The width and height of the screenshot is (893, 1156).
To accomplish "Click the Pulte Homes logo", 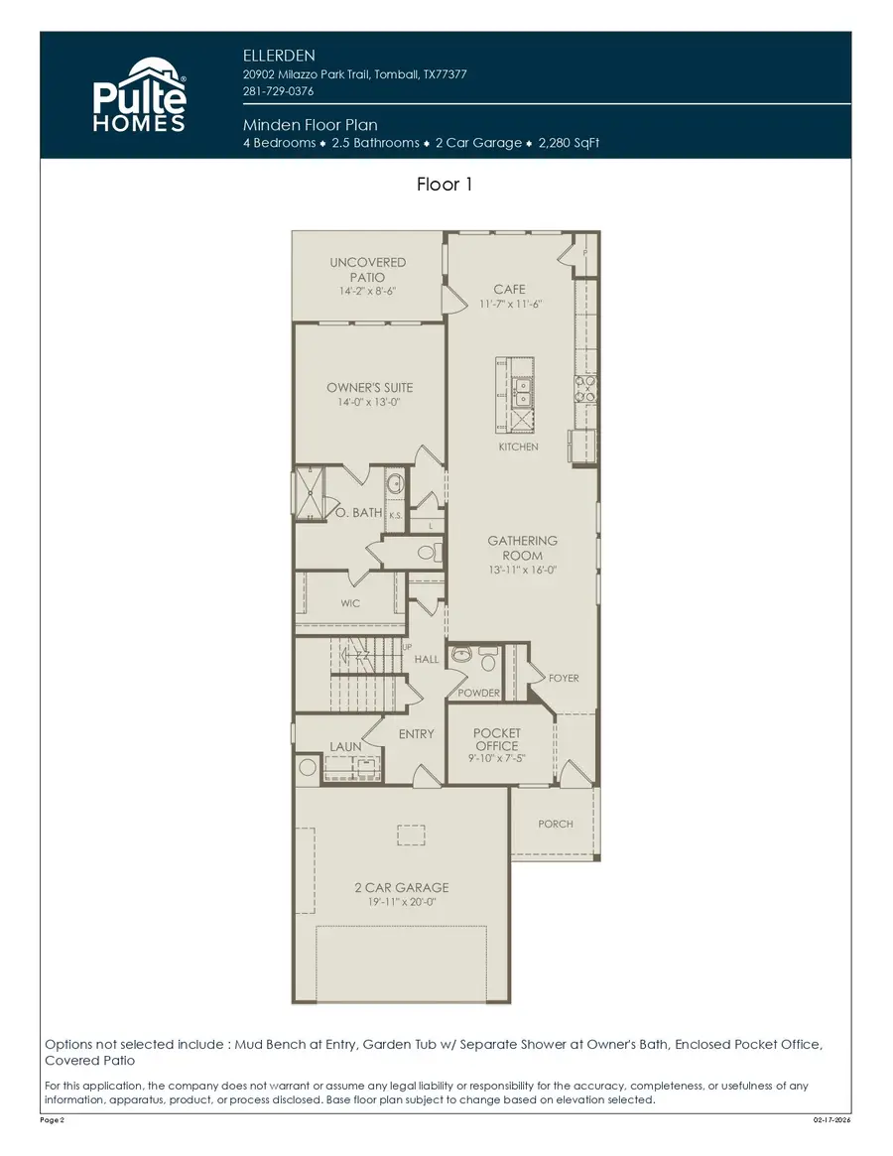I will (x=139, y=95).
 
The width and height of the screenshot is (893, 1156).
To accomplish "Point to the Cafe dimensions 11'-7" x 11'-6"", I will (x=509, y=304).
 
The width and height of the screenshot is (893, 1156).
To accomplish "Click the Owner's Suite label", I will (x=369, y=388).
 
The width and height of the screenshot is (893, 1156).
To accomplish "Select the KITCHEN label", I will (x=518, y=448).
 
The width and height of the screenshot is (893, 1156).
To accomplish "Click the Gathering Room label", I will (x=522, y=549).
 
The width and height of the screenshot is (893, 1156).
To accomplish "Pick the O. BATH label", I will (x=357, y=513).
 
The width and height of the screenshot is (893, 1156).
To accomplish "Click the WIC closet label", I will (x=350, y=603).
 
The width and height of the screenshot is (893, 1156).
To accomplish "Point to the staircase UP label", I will (x=407, y=647).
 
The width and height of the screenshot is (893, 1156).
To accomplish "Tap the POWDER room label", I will (x=478, y=693).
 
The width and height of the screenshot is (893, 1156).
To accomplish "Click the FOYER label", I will (x=563, y=679).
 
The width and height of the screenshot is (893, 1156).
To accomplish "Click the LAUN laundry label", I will (x=344, y=746).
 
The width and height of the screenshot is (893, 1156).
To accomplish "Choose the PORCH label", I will (x=555, y=825).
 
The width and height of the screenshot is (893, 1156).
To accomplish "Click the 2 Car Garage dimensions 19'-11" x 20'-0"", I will (x=401, y=903).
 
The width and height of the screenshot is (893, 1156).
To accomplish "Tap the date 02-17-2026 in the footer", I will (x=830, y=1119).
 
